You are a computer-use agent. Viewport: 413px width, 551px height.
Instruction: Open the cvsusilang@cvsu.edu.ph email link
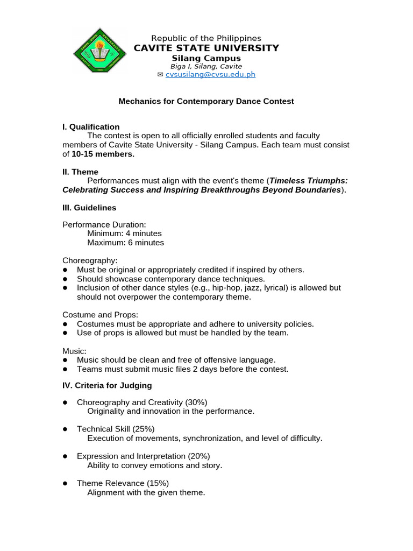click(x=210, y=75)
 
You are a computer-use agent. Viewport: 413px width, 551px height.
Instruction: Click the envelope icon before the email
click(x=160, y=75)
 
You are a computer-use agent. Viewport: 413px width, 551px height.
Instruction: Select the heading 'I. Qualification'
click(x=91, y=127)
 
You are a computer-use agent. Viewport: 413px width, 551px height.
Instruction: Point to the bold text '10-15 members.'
click(x=102, y=154)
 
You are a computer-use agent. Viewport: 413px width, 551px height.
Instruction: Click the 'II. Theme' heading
click(x=80, y=172)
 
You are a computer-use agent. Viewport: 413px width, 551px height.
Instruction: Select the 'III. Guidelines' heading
click(x=89, y=208)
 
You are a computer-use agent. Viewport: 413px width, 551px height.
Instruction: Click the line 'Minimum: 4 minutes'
click(x=124, y=234)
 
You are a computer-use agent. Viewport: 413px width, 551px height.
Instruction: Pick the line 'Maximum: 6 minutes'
click(x=125, y=243)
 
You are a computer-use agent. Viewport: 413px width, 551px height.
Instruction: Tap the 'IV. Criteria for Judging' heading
click(x=107, y=385)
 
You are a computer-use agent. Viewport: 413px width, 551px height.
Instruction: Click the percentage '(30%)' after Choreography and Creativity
click(x=196, y=402)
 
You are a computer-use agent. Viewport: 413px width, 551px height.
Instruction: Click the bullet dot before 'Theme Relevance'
click(x=65, y=483)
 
